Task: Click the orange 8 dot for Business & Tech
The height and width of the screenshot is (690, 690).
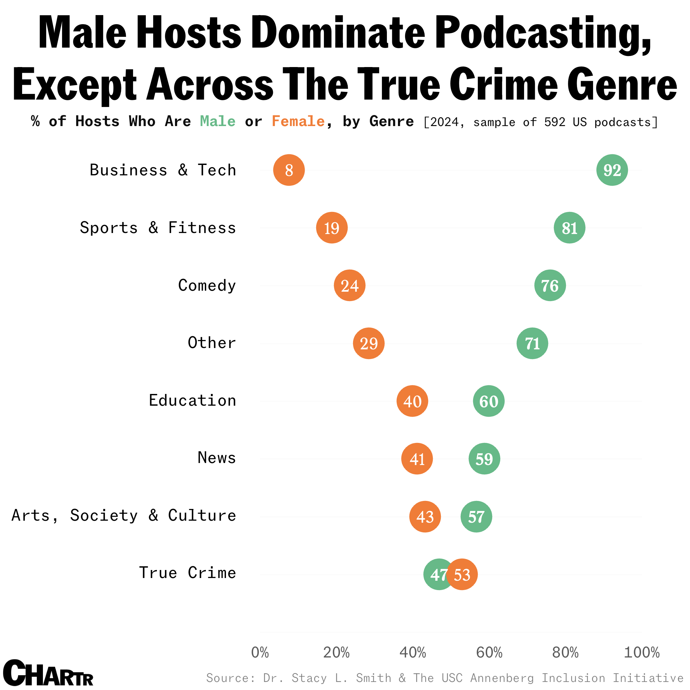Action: [x=289, y=170]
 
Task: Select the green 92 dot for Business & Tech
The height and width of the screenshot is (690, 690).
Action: [x=612, y=170]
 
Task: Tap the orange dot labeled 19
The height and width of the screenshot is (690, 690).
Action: [x=332, y=228]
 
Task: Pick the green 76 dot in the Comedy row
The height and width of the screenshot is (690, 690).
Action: [x=550, y=285]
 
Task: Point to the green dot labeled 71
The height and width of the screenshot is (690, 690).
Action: [x=532, y=343]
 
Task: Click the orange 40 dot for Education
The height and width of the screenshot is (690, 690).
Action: [x=412, y=401]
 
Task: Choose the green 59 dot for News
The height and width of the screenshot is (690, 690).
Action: [x=484, y=459]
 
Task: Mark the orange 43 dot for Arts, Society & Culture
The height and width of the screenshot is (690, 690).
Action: [x=425, y=517]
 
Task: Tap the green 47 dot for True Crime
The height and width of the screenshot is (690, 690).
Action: [x=436, y=575]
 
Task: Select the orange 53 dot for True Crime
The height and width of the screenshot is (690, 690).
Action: [x=462, y=575]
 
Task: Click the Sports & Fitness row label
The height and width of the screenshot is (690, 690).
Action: [x=158, y=228]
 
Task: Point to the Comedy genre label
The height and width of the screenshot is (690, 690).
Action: [x=207, y=285]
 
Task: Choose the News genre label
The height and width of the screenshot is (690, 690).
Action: [x=217, y=458]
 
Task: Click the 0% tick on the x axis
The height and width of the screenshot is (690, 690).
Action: [x=260, y=652]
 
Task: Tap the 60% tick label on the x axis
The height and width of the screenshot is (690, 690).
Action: [x=489, y=652]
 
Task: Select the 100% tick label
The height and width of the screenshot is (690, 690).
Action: [x=641, y=652]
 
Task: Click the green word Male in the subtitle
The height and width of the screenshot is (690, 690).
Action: [x=218, y=121]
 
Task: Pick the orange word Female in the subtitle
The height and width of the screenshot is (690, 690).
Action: [x=298, y=121]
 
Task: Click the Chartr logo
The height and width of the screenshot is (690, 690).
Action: [x=48, y=673]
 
